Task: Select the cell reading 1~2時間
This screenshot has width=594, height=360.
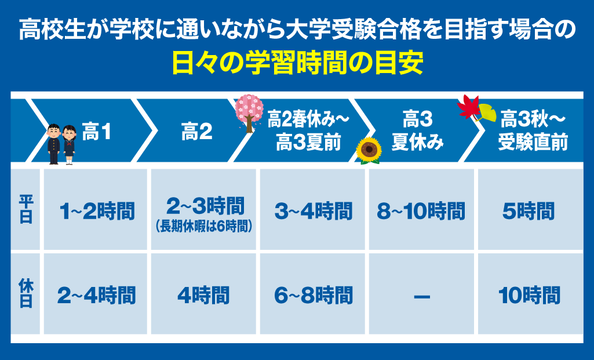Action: [x=97, y=210]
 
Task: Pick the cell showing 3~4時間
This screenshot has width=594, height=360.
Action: [x=314, y=210]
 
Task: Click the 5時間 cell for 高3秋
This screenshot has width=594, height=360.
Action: [x=529, y=210]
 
